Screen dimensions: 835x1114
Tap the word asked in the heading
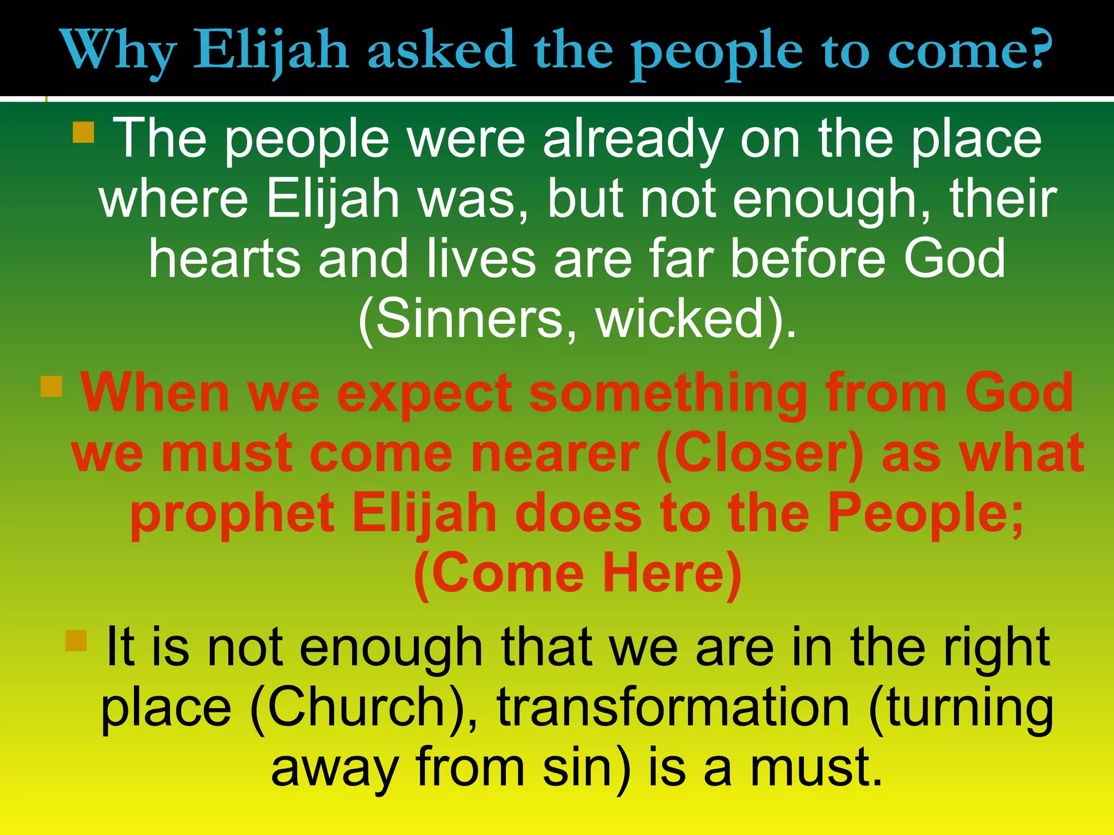tap(441, 50)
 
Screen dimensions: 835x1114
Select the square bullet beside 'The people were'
tap(83, 132)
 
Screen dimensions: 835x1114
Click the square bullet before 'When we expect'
tap(52, 387)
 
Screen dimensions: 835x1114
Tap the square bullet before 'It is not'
tap(76, 640)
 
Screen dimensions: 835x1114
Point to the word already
tap(633, 140)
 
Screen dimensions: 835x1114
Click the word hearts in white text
tap(225, 259)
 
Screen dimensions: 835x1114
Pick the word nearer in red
tap(555, 454)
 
